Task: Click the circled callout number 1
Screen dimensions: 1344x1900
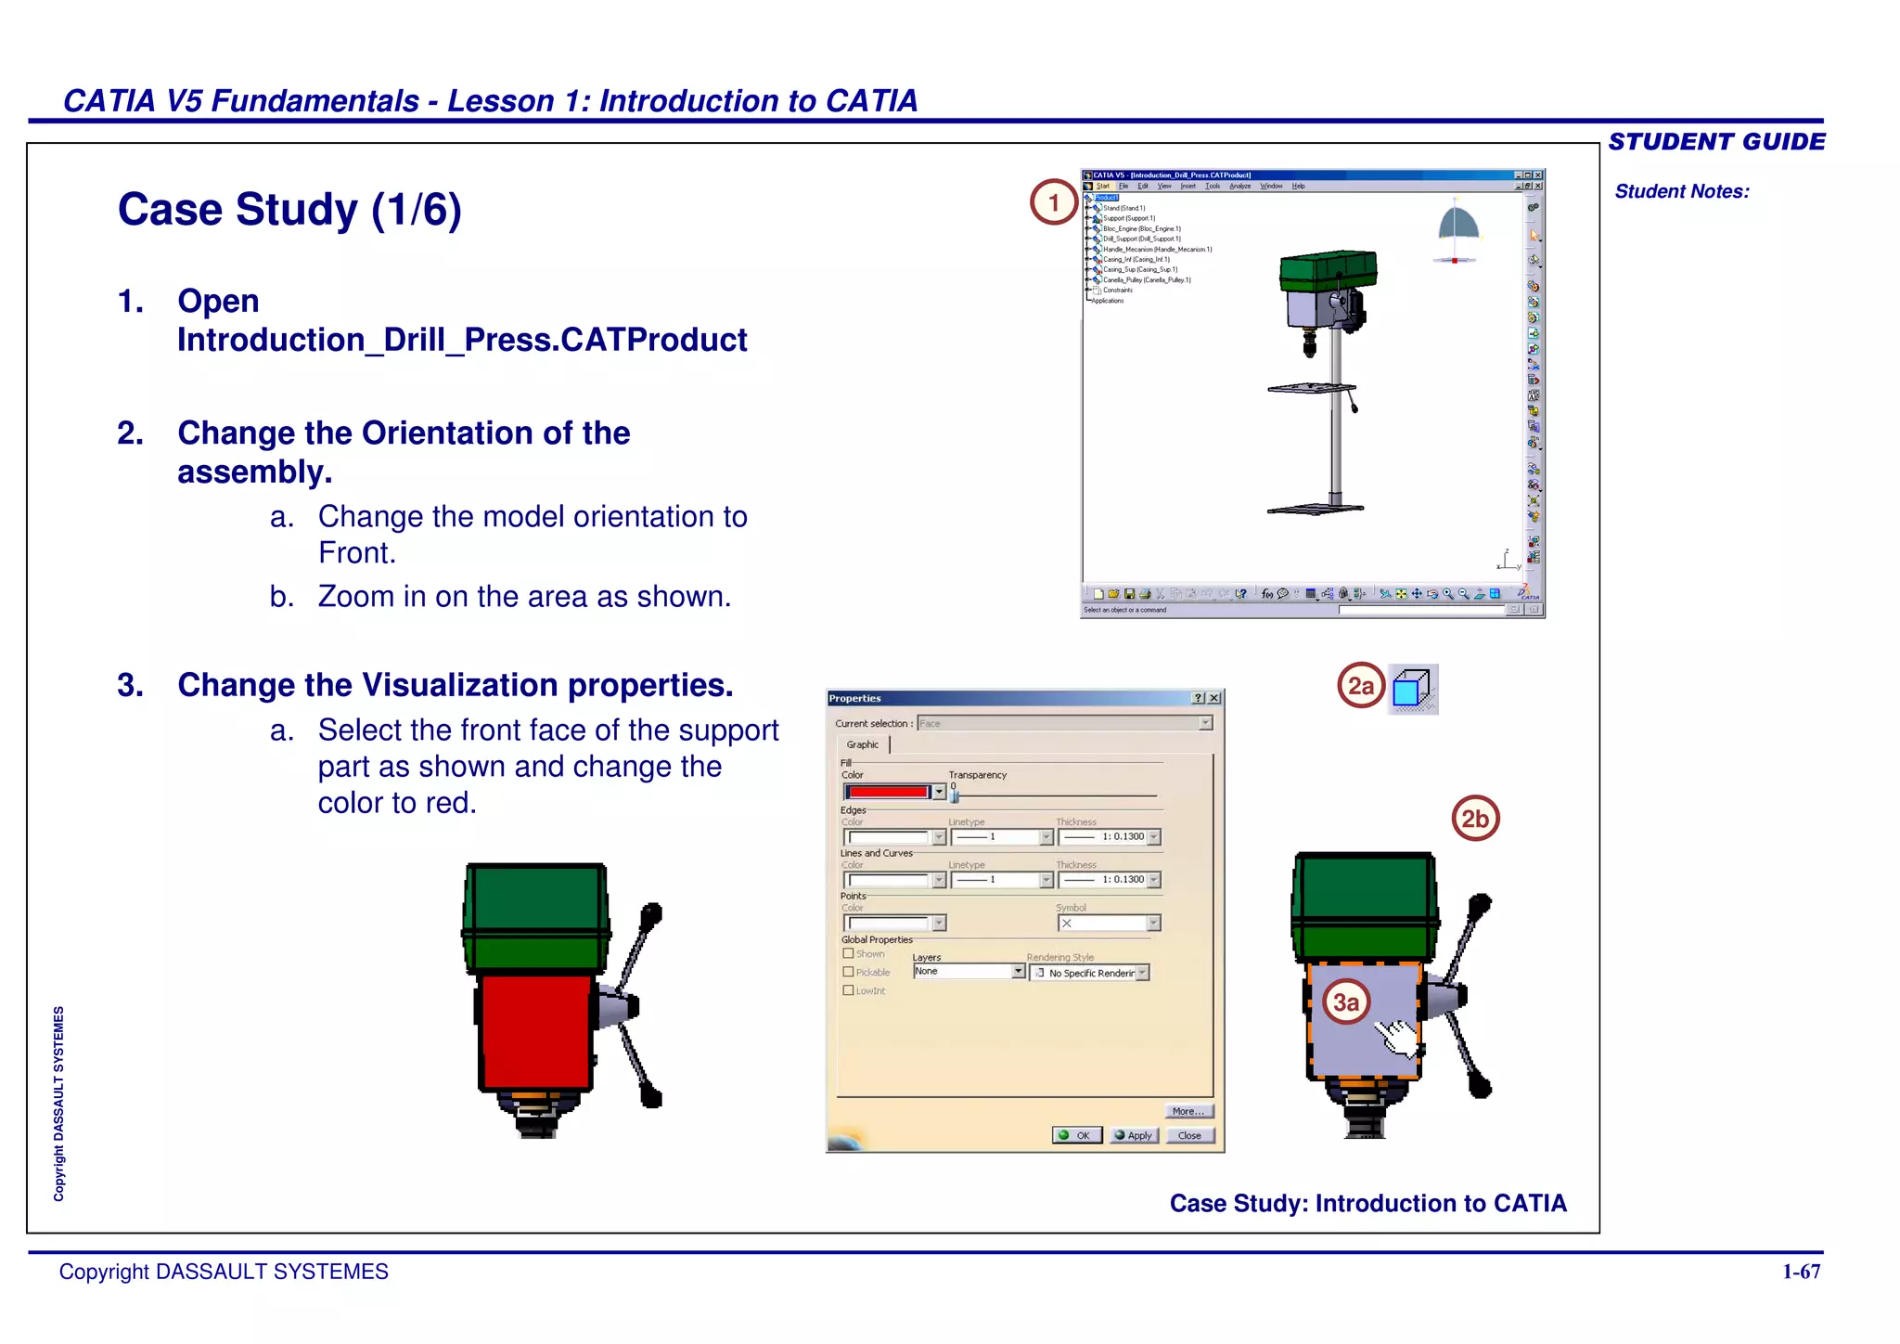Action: (1053, 202)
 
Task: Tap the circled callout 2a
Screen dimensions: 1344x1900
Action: (1360, 686)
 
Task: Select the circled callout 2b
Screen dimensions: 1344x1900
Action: (1474, 819)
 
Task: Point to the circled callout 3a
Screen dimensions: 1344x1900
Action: (1345, 1002)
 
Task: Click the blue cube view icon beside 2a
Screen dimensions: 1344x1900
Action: (1412, 690)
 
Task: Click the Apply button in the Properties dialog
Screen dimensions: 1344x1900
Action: (1135, 1135)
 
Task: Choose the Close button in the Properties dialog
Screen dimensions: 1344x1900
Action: (1189, 1135)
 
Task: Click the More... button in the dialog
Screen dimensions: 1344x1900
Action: (1188, 1111)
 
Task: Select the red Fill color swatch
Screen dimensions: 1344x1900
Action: (888, 792)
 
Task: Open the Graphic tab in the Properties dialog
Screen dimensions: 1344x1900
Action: (862, 744)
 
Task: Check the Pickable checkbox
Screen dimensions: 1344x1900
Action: (848, 972)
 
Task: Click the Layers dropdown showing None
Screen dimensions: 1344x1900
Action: (969, 971)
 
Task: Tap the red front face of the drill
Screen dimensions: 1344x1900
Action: (535, 1030)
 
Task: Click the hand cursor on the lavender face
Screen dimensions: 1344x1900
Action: (1397, 1037)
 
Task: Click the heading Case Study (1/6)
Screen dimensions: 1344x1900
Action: (289, 210)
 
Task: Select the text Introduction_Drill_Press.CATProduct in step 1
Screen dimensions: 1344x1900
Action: (462, 340)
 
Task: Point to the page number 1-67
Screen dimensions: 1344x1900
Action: (1801, 1272)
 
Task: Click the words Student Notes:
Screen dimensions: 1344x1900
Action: (1681, 191)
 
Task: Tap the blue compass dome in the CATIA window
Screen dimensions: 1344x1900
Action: (1457, 225)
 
